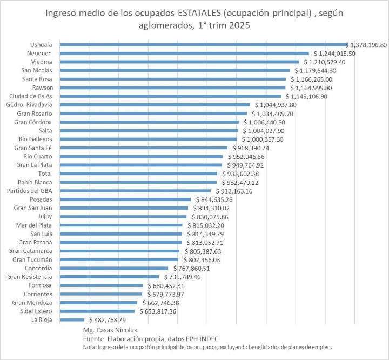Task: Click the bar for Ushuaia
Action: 203,45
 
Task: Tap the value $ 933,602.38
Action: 240,174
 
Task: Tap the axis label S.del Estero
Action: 36,311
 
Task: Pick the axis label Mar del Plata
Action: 34,225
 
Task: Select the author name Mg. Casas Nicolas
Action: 110,330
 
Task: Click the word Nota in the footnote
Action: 89,347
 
